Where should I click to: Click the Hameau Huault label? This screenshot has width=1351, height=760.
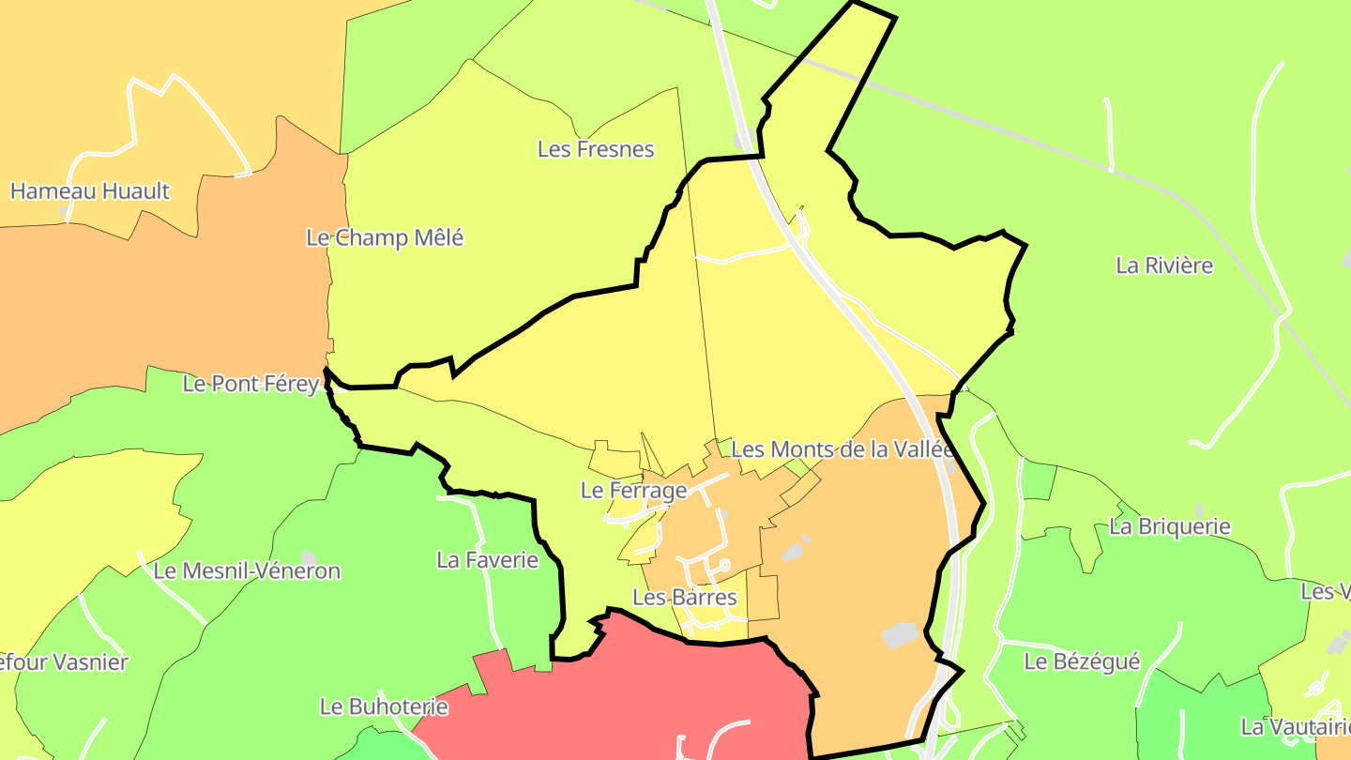point(90,191)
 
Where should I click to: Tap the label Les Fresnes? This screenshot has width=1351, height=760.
point(596,149)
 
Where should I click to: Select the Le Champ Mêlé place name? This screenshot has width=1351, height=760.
point(385,238)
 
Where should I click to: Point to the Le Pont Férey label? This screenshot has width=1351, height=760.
point(250,384)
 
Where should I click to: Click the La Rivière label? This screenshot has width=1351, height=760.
point(1164,266)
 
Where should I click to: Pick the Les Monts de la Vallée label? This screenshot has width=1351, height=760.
point(842,449)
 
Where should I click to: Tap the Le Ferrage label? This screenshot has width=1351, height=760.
point(633,490)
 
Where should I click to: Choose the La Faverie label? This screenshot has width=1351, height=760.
point(488,560)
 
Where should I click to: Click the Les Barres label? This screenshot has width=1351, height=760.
point(685,597)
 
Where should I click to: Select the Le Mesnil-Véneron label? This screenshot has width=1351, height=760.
point(247,570)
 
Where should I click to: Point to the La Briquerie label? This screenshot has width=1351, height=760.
point(1169,526)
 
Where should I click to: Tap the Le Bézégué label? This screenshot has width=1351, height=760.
point(1082,661)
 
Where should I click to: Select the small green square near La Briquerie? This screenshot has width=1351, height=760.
point(1038,479)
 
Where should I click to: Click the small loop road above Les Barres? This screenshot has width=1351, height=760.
point(723,566)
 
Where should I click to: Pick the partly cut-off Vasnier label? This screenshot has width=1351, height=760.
point(64,661)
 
